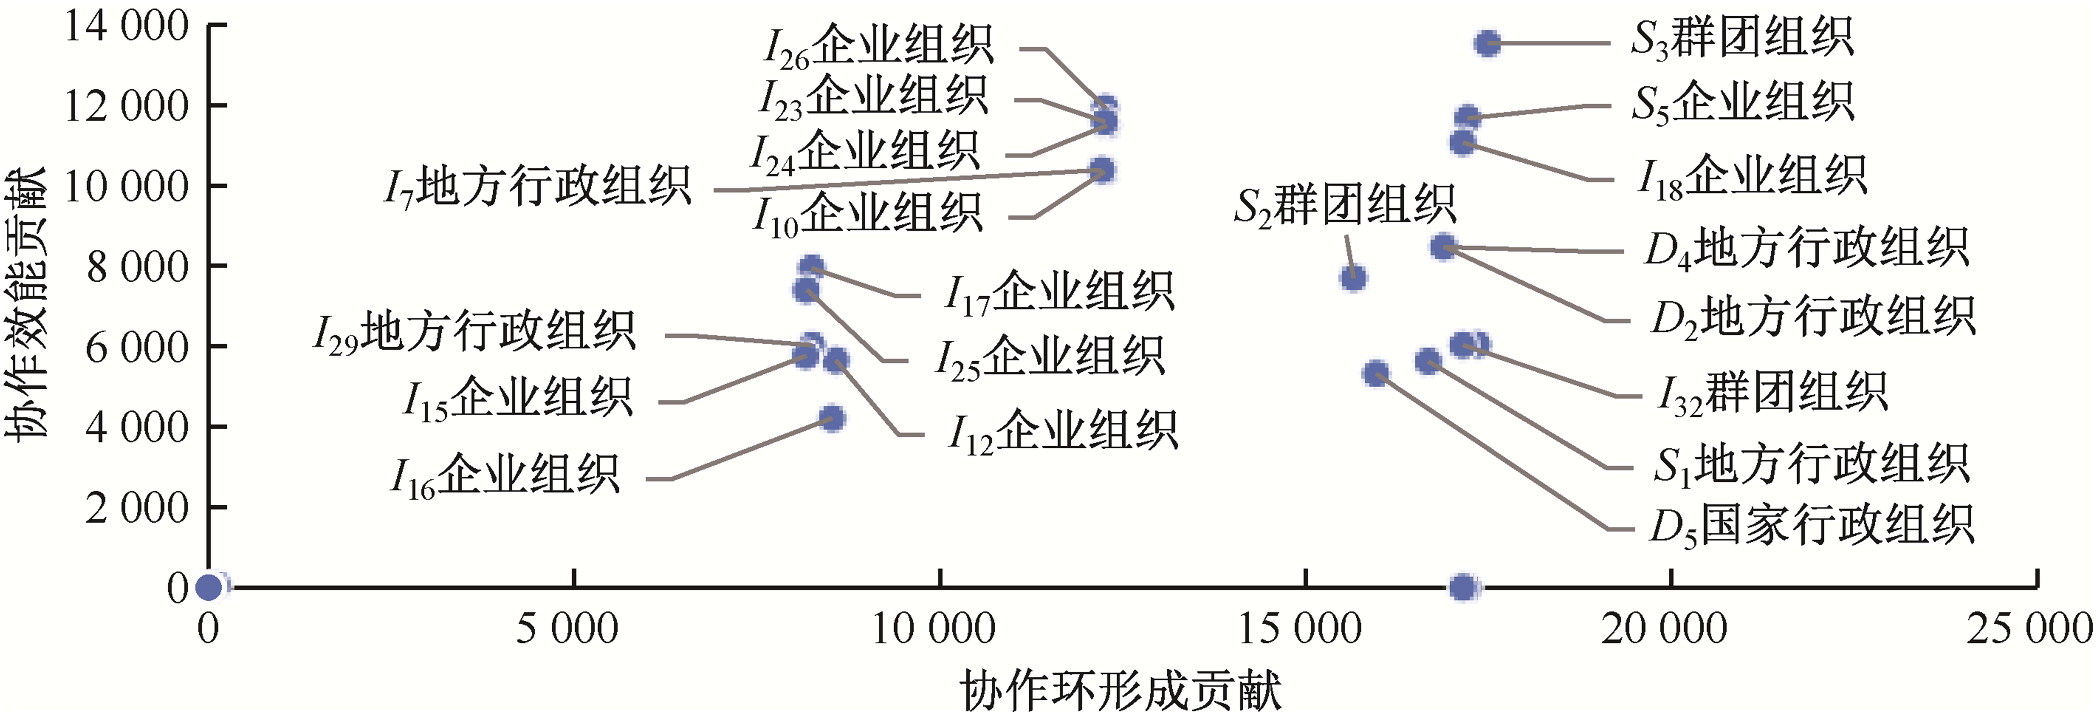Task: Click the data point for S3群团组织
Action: [1487, 43]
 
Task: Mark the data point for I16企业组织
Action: [831, 419]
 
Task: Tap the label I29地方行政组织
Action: [474, 332]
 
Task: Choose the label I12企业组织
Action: [1062, 431]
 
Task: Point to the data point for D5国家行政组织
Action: [1376, 374]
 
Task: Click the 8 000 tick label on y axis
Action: [138, 266]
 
